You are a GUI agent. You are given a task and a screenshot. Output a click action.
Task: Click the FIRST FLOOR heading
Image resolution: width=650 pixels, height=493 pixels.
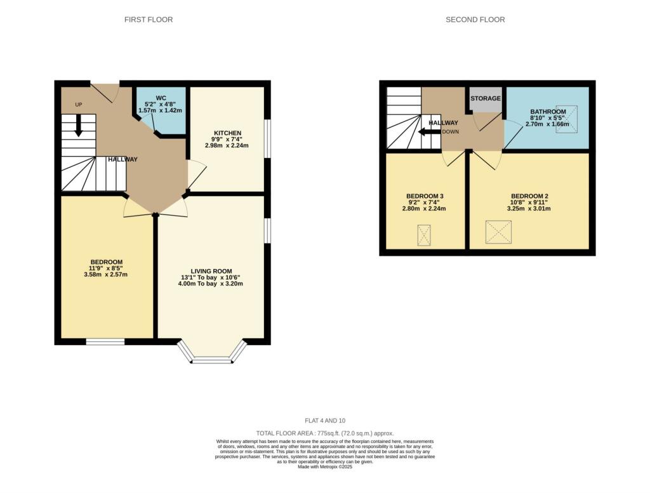coord(148,20)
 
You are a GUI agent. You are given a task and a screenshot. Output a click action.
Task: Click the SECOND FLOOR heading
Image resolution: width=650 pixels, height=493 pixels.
coord(475,20)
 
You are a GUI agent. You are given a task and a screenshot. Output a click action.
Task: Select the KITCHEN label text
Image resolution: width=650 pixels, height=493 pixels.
coord(227,133)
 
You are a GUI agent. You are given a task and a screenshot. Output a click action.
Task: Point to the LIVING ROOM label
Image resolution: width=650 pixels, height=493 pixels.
coord(210,271)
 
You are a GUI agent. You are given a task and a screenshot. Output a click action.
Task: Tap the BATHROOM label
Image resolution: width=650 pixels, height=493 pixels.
coord(548,112)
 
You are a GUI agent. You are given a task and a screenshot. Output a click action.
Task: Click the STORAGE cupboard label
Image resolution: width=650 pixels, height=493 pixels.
coord(486,98)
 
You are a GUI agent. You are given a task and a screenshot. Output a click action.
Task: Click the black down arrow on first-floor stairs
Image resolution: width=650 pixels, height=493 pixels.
coord(79,125)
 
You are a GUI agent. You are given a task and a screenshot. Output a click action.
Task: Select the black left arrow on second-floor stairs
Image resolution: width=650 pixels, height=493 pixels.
coord(428,132)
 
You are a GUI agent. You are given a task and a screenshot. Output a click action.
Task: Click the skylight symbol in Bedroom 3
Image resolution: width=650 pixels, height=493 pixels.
coord(424,235)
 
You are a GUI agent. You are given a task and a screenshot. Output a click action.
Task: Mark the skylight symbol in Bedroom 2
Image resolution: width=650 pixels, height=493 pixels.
coord(498,232)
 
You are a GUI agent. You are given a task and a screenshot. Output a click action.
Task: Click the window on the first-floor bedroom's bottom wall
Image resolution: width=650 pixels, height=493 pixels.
coord(105,342)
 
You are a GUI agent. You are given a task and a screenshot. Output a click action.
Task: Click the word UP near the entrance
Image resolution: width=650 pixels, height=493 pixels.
coord(79,104)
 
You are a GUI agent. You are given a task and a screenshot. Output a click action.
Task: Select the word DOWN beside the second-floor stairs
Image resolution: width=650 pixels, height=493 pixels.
coord(450,132)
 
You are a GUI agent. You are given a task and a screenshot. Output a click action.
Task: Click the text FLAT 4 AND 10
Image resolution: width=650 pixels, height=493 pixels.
coord(325,420)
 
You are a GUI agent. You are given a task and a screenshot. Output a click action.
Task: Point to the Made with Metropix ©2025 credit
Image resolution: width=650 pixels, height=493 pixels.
coord(325,466)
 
